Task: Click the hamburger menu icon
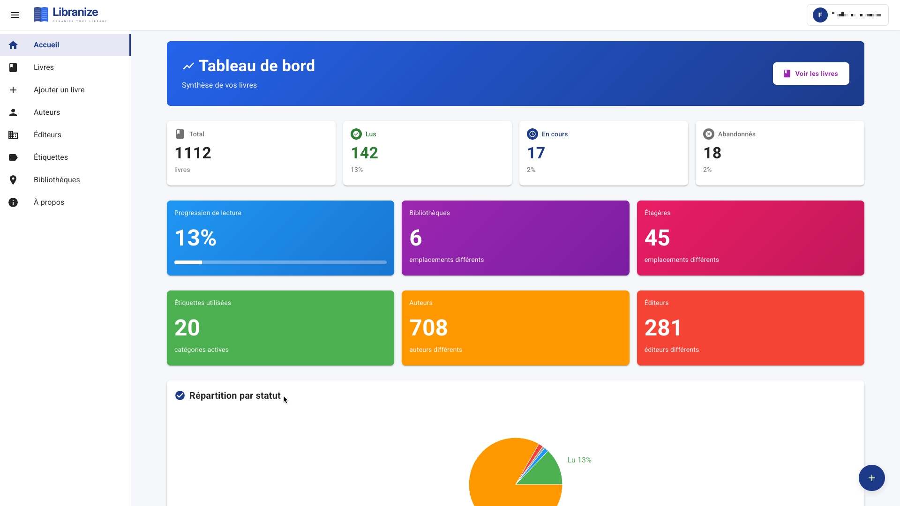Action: point(15,15)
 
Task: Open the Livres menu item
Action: point(44,67)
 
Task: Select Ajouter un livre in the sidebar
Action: point(59,90)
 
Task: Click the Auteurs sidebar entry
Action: point(47,112)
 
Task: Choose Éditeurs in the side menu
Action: point(47,135)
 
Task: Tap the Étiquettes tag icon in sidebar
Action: point(13,157)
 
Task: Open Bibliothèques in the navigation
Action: point(57,180)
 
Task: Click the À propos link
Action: point(49,202)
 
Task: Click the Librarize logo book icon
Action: point(41,15)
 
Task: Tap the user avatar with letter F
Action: point(820,15)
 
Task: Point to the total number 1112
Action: point(193,153)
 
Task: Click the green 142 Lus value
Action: point(364,153)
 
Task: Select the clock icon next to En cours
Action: point(532,134)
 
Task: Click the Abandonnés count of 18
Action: point(712,153)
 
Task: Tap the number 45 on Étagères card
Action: point(657,238)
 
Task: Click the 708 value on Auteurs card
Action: point(428,328)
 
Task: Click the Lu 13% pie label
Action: point(579,460)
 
